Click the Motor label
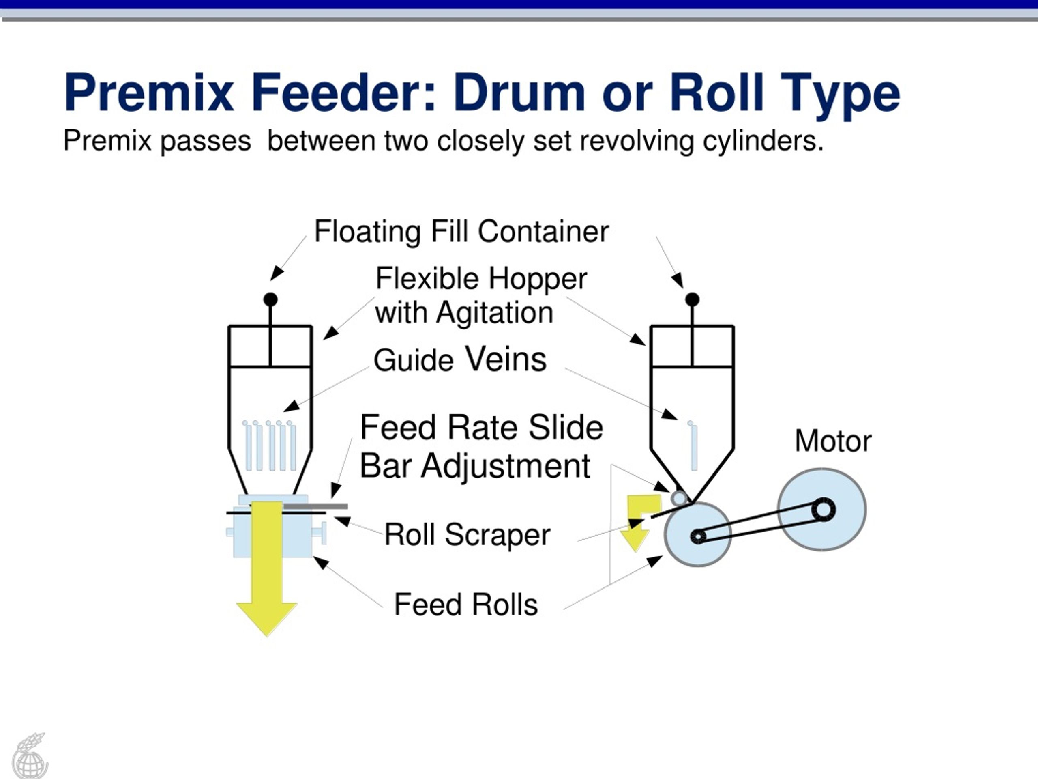833,441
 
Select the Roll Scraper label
468,535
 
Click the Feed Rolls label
466,604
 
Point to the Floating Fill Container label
461,232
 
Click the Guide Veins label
460,360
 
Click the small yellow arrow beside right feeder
639,522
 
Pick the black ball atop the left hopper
270,299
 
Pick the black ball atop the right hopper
692,299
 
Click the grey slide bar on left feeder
315,506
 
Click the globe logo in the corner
30,755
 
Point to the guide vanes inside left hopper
269,445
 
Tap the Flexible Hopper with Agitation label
480,295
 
